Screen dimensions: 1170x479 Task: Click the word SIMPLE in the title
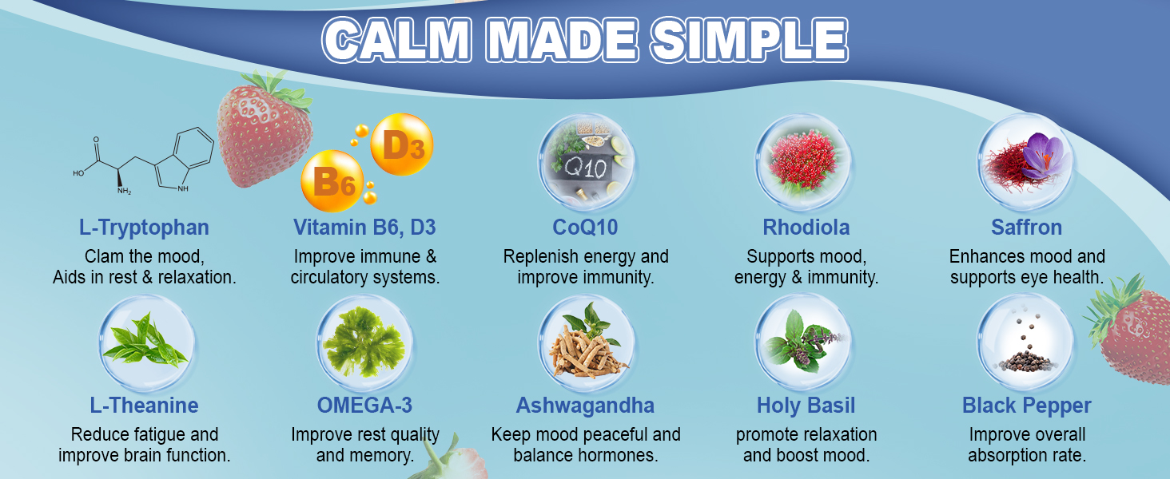point(750,40)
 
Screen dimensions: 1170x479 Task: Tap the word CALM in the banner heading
point(396,40)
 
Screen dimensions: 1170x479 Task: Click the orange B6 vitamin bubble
point(332,181)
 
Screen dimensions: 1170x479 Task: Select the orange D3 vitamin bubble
point(402,144)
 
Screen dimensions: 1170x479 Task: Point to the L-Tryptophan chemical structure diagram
point(143,160)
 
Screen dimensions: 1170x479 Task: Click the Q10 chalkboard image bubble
point(586,162)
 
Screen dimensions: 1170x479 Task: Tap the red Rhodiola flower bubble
point(803,162)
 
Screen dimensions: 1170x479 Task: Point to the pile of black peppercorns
point(1025,360)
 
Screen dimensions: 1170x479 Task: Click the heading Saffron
point(1026,228)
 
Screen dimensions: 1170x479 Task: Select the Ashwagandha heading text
point(585,406)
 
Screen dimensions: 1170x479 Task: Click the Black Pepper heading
point(1026,406)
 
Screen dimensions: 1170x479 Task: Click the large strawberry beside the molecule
point(265,130)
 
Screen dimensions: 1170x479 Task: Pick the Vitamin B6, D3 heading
point(364,228)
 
